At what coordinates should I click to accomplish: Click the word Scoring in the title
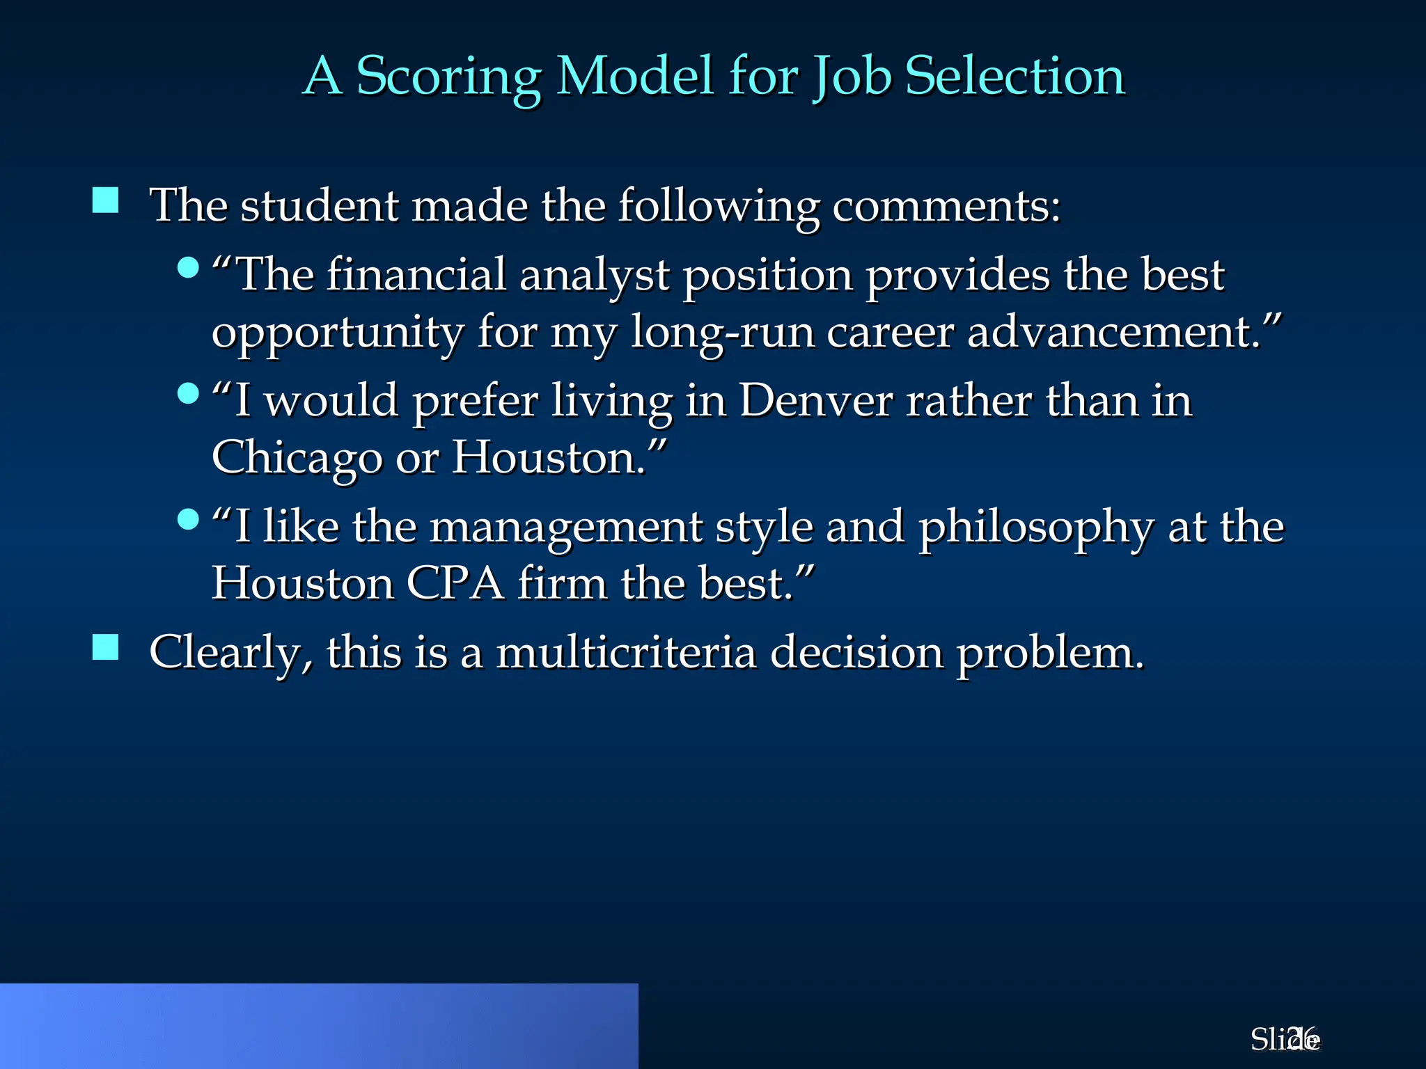(448, 77)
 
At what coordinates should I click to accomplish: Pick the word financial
(416, 274)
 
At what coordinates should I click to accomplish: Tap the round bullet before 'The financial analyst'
(188, 267)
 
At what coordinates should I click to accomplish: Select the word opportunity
(337, 333)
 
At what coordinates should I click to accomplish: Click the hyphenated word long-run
(722, 333)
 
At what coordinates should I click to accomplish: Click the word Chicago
(297, 459)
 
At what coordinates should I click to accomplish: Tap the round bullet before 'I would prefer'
(188, 393)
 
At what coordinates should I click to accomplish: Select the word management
(565, 528)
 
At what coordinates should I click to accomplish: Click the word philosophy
(1036, 528)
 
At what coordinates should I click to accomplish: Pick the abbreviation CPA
(455, 583)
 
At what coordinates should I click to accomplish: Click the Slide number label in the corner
(1285, 1039)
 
